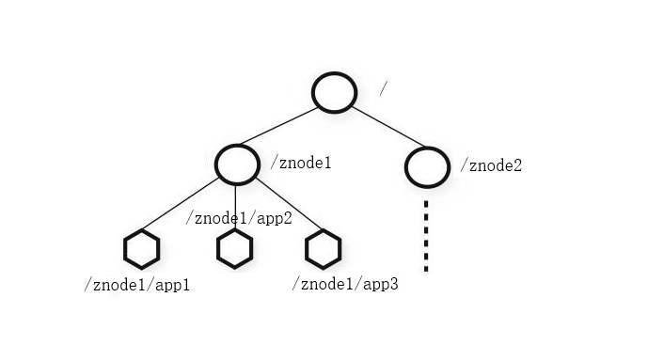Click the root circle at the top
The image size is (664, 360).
point(334,73)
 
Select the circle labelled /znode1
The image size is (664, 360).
point(237,146)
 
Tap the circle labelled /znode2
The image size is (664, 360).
point(427,149)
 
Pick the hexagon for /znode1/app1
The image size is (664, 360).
point(142,229)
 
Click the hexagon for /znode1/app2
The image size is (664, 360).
point(234,229)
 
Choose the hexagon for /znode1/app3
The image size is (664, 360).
point(324,229)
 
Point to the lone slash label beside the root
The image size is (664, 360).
point(383,88)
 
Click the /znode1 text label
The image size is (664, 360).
point(301,163)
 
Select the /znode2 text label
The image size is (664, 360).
point(491,165)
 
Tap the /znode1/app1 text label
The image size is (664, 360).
point(137,285)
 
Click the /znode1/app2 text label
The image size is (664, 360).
point(239,217)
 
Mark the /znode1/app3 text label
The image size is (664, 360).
point(345,284)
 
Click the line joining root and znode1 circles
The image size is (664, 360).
point(279,126)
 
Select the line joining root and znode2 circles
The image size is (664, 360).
point(388,127)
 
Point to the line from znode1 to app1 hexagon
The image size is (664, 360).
point(181,204)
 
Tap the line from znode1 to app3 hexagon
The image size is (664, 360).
point(289,203)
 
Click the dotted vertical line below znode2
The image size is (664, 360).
point(426,236)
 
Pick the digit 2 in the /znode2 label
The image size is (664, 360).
point(517,165)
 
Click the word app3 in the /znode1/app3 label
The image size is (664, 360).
point(381,285)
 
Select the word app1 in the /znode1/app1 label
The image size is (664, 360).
point(172,286)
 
